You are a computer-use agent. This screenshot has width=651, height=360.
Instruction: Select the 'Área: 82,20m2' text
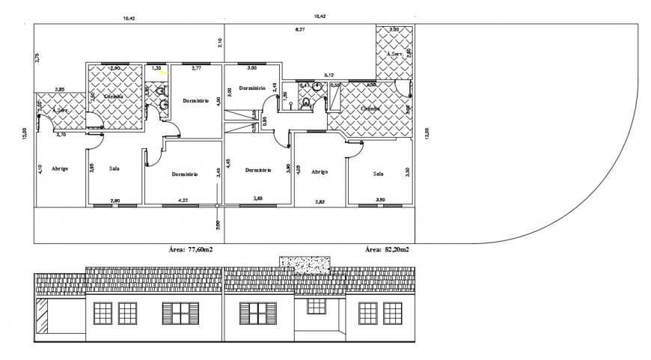(386, 250)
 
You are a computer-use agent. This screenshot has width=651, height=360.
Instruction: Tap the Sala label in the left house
(114, 168)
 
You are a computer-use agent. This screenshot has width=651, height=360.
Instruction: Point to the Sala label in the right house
(379, 173)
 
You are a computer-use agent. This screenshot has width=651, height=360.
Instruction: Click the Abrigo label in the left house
(60, 168)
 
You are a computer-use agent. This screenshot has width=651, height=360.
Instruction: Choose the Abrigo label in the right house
(320, 171)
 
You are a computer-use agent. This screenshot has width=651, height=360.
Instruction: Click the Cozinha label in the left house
(114, 97)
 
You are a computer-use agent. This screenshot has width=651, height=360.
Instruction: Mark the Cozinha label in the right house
(370, 109)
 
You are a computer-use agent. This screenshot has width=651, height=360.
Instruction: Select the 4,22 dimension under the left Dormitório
(182, 201)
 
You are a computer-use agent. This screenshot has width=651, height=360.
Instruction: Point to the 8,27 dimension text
(300, 29)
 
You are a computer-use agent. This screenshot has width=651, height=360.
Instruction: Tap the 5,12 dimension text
(328, 75)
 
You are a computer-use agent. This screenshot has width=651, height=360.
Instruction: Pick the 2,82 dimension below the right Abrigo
(320, 201)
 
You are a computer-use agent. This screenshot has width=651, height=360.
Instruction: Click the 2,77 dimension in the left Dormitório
(196, 68)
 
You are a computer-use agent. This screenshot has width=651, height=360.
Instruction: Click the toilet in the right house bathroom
(305, 104)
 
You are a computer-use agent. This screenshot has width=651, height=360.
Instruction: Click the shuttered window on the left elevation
(180, 313)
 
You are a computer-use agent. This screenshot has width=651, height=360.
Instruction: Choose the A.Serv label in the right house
(395, 55)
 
